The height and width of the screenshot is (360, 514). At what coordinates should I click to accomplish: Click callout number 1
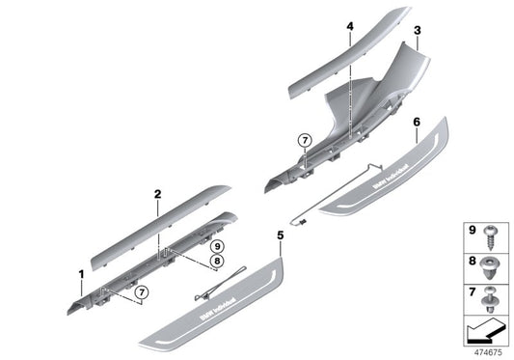coord(82,275)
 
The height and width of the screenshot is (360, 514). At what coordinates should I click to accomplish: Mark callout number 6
coord(415,124)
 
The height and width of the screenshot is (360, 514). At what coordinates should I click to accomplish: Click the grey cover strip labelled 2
coord(159,224)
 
